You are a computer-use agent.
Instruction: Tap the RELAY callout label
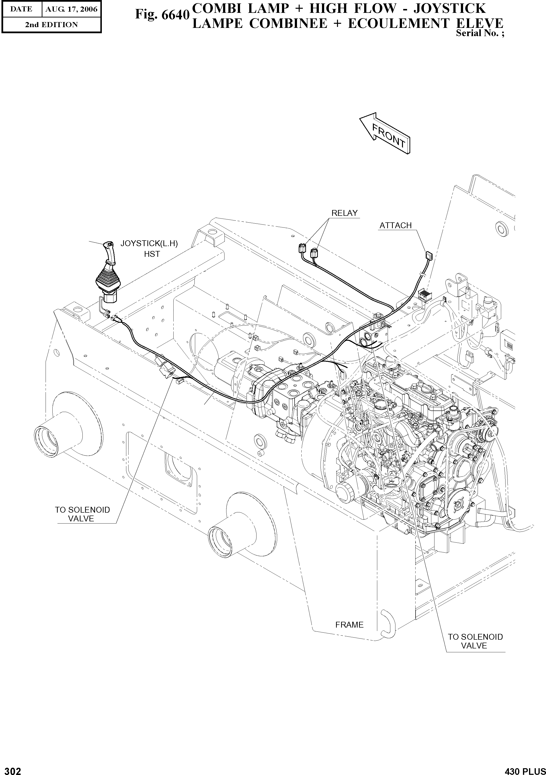(x=344, y=213)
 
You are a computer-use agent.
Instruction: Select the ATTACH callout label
(x=395, y=226)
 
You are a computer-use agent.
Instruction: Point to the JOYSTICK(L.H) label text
(x=149, y=244)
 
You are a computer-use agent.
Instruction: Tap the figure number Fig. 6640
(x=162, y=14)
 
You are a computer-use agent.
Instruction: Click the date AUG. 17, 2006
(x=71, y=9)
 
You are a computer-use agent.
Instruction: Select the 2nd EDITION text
(x=51, y=25)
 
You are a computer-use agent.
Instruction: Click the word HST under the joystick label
(x=152, y=254)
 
